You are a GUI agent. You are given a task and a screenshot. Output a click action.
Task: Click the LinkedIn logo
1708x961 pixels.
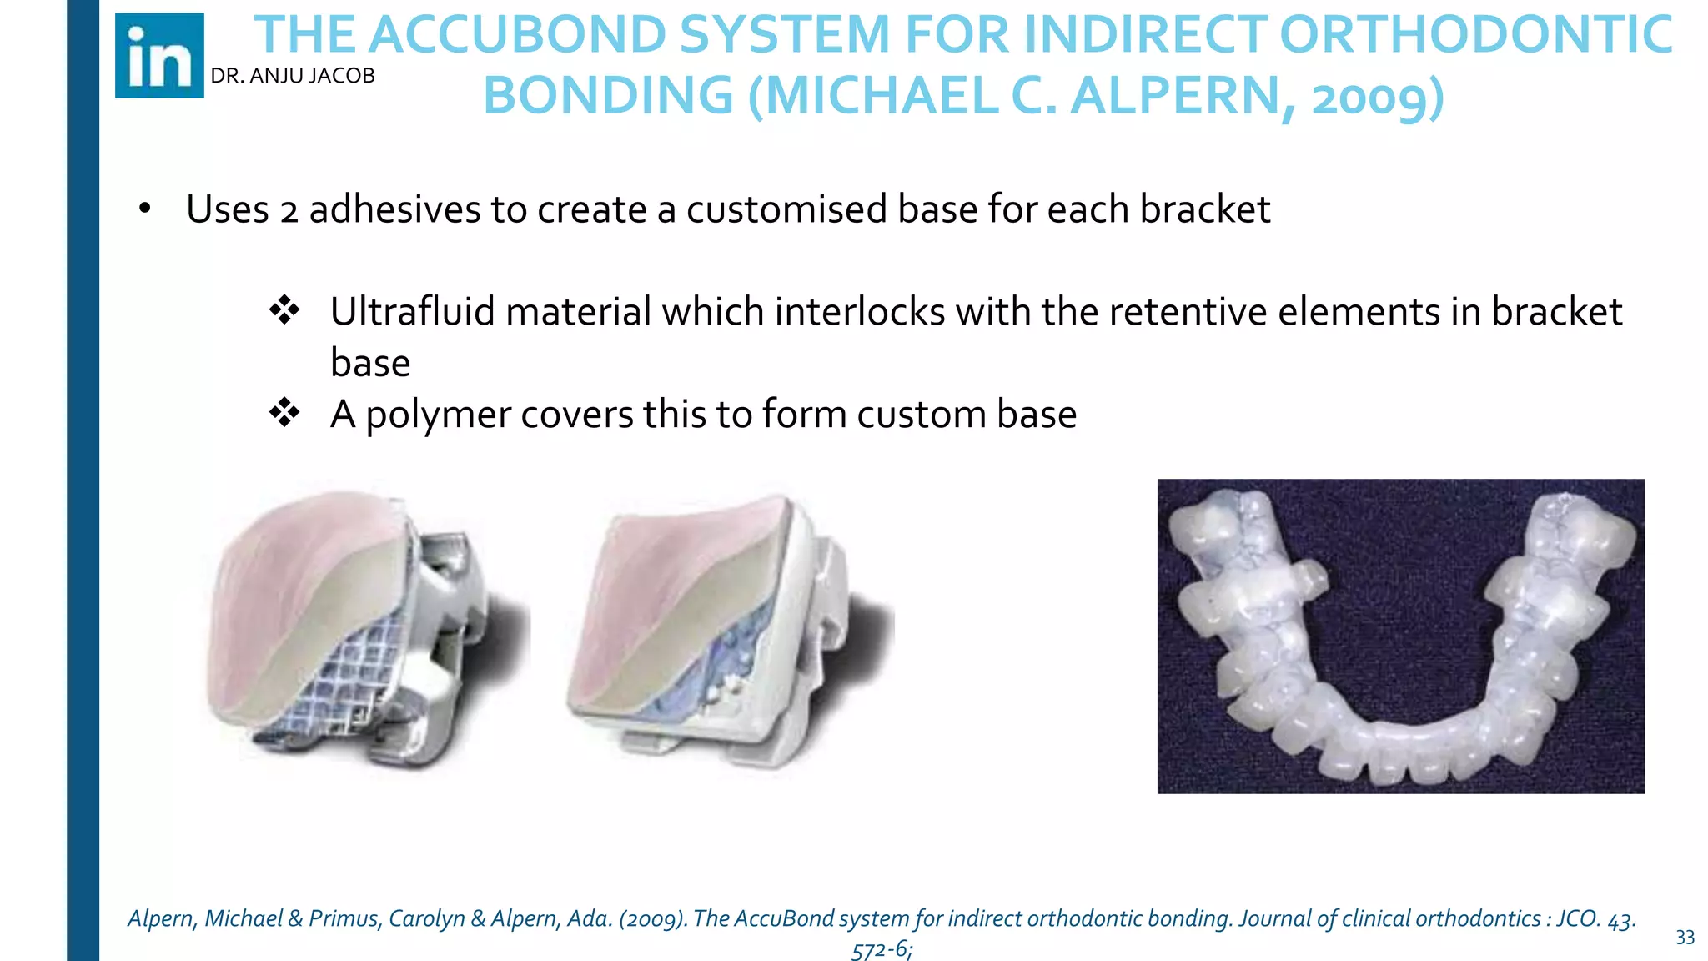tap(159, 56)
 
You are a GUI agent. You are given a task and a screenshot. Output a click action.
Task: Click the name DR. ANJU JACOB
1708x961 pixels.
tap(293, 76)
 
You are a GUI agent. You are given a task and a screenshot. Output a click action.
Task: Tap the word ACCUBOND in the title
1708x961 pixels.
tap(517, 35)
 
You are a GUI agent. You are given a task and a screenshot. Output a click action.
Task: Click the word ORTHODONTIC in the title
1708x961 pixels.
tap(1476, 35)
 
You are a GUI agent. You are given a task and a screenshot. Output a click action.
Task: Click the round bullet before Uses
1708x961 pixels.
tap(145, 209)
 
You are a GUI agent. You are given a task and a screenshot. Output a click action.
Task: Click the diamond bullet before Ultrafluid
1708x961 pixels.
tap(284, 310)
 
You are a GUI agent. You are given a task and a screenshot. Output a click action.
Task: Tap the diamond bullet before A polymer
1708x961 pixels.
tap(284, 413)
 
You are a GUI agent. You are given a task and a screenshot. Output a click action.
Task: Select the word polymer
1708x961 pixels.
tap(439, 415)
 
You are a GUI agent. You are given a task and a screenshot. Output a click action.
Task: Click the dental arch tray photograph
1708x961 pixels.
tap(1400, 636)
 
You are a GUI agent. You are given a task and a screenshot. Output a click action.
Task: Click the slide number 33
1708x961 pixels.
tap(1685, 938)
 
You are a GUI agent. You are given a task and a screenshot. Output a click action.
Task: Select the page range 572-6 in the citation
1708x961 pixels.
tap(881, 949)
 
